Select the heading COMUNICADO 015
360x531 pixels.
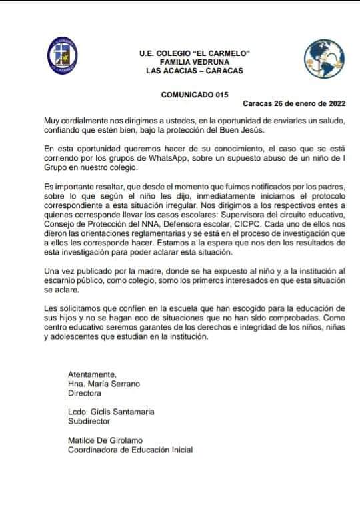[x=190, y=95]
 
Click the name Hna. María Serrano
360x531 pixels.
[x=103, y=384]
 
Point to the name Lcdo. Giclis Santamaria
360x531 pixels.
[x=111, y=412]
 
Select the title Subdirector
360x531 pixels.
[x=89, y=421]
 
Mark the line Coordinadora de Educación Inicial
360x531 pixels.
[x=130, y=450]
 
